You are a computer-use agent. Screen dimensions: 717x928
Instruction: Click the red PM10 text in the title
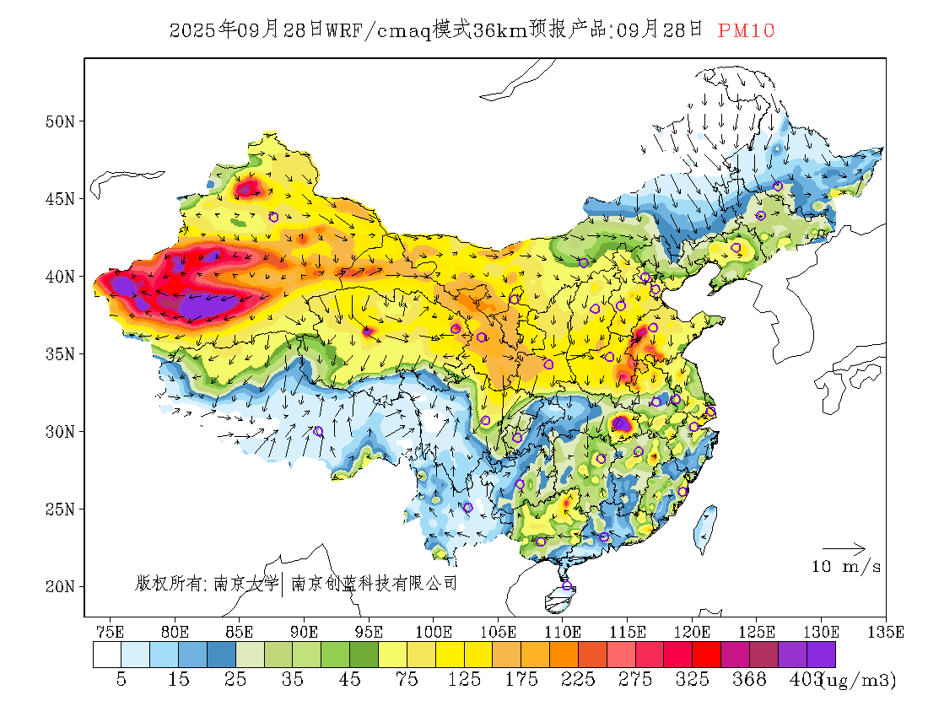[x=746, y=31]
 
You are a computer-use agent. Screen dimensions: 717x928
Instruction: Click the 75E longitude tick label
[x=111, y=632]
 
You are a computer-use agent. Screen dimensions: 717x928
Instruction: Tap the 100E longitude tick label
[x=434, y=632]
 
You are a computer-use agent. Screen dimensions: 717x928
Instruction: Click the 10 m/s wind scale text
[x=846, y=567]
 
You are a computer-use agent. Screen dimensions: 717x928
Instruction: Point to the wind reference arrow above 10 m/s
[x=844, y=549]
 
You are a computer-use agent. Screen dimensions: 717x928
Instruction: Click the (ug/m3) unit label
[x=860, y=680]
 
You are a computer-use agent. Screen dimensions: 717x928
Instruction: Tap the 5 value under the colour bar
[x=121, y=680]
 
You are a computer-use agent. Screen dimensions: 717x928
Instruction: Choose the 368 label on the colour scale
[x=750, y=680]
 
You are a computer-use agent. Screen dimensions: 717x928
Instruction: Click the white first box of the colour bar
[x=107, y=655]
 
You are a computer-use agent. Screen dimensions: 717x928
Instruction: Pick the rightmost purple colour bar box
[x=821, y=655]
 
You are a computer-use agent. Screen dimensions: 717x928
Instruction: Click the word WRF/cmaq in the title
[x=377, y=31]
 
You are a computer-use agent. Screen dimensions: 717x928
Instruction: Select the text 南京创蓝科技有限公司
[x=374, y=583]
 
